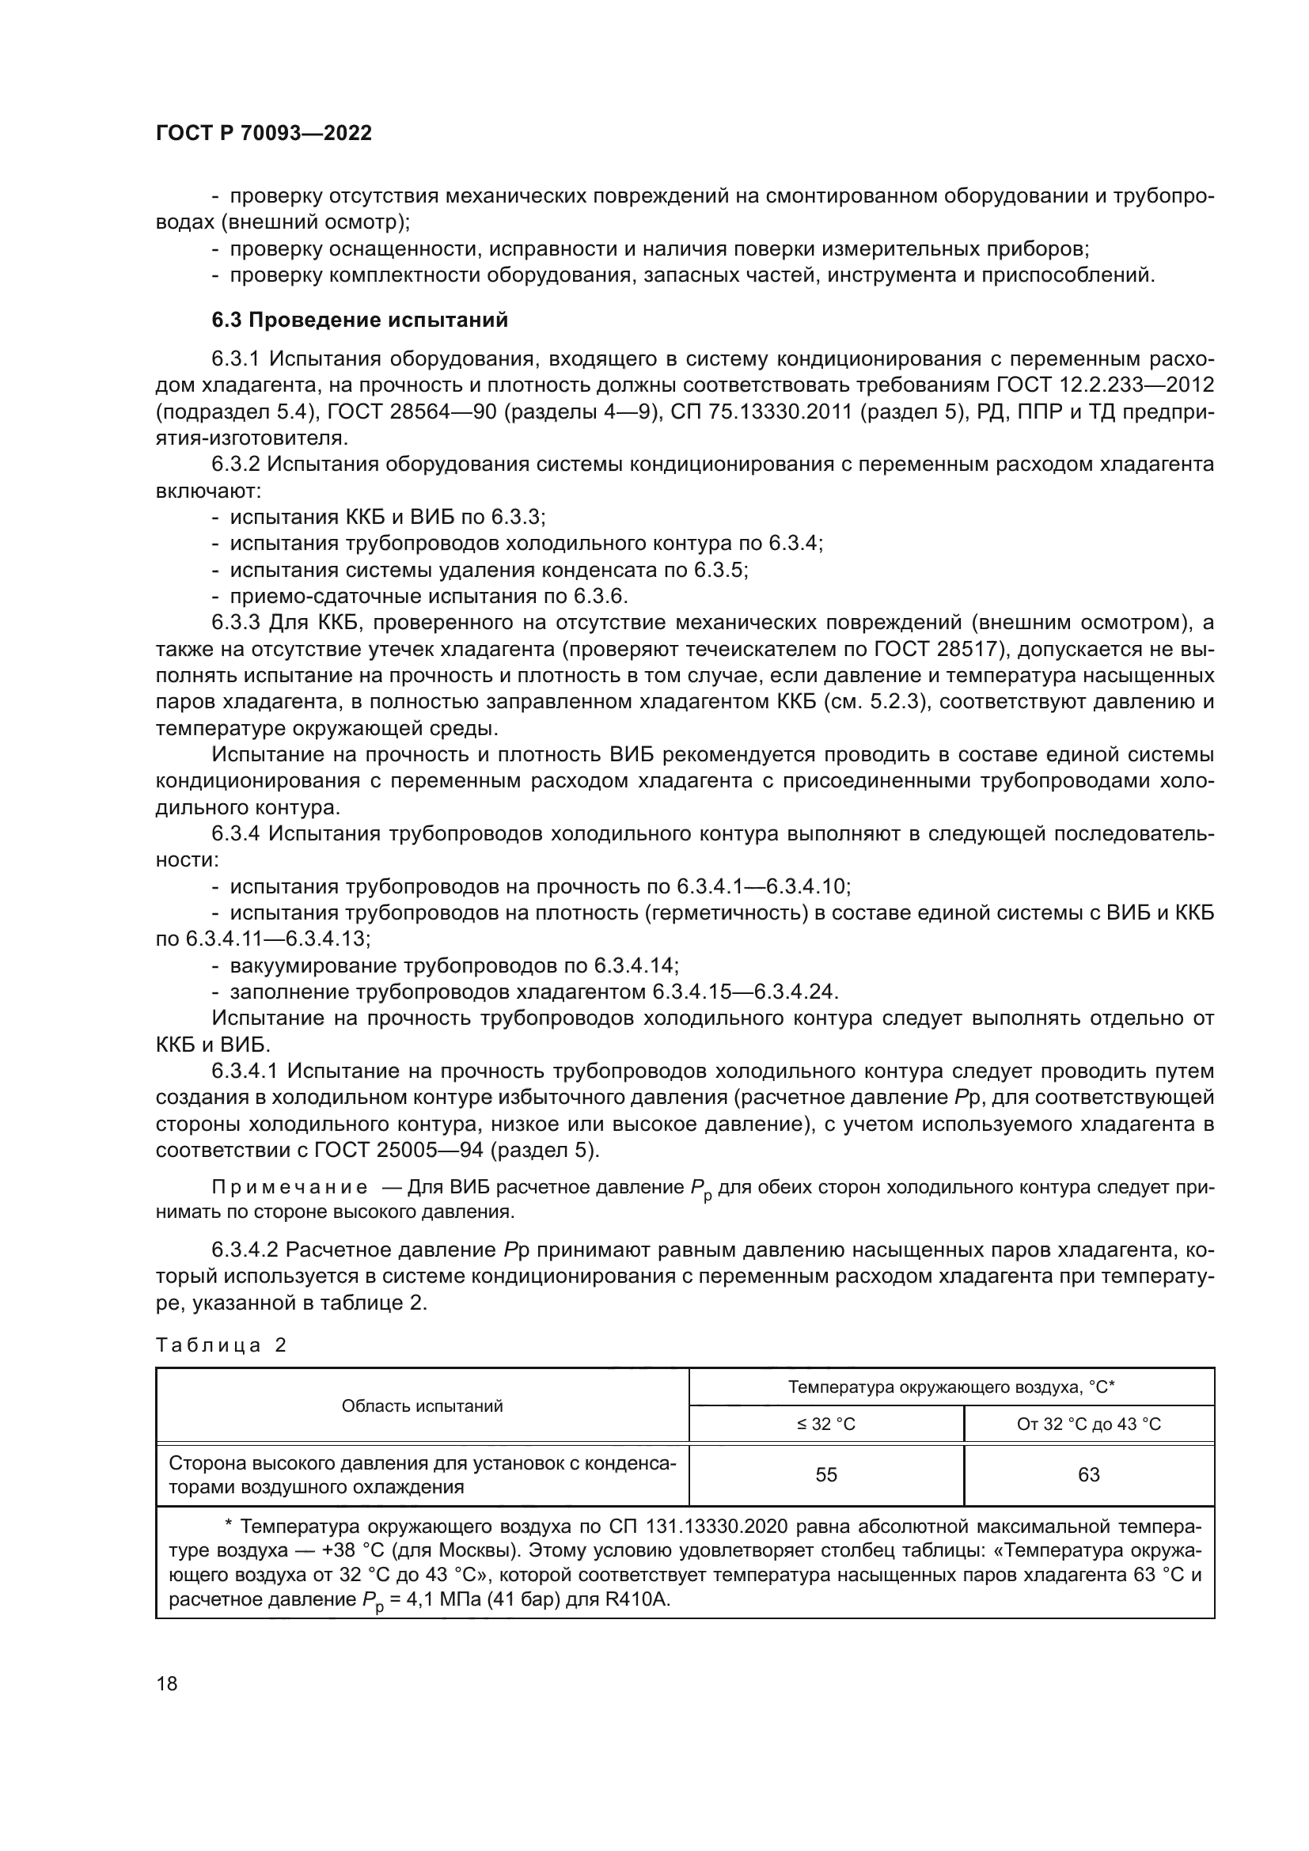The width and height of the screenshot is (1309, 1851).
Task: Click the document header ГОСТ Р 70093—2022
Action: click(264, 134)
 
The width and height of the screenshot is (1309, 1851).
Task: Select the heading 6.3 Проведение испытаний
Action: click(359, 320)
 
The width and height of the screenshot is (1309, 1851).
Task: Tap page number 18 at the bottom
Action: click(167, 1683)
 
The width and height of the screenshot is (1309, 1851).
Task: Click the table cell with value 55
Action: click(826, 1474)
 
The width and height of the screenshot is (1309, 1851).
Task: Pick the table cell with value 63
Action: click(1088, 1474)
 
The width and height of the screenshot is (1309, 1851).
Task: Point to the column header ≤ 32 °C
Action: click(826, 1424)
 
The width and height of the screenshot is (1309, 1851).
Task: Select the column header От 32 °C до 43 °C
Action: click(1088, 1424)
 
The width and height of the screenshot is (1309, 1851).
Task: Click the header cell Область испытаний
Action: click(423, 1406)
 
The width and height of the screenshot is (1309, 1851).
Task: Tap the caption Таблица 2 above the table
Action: click(221, 1345)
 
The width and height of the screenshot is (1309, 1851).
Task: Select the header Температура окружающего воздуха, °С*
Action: click(951, 1387)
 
